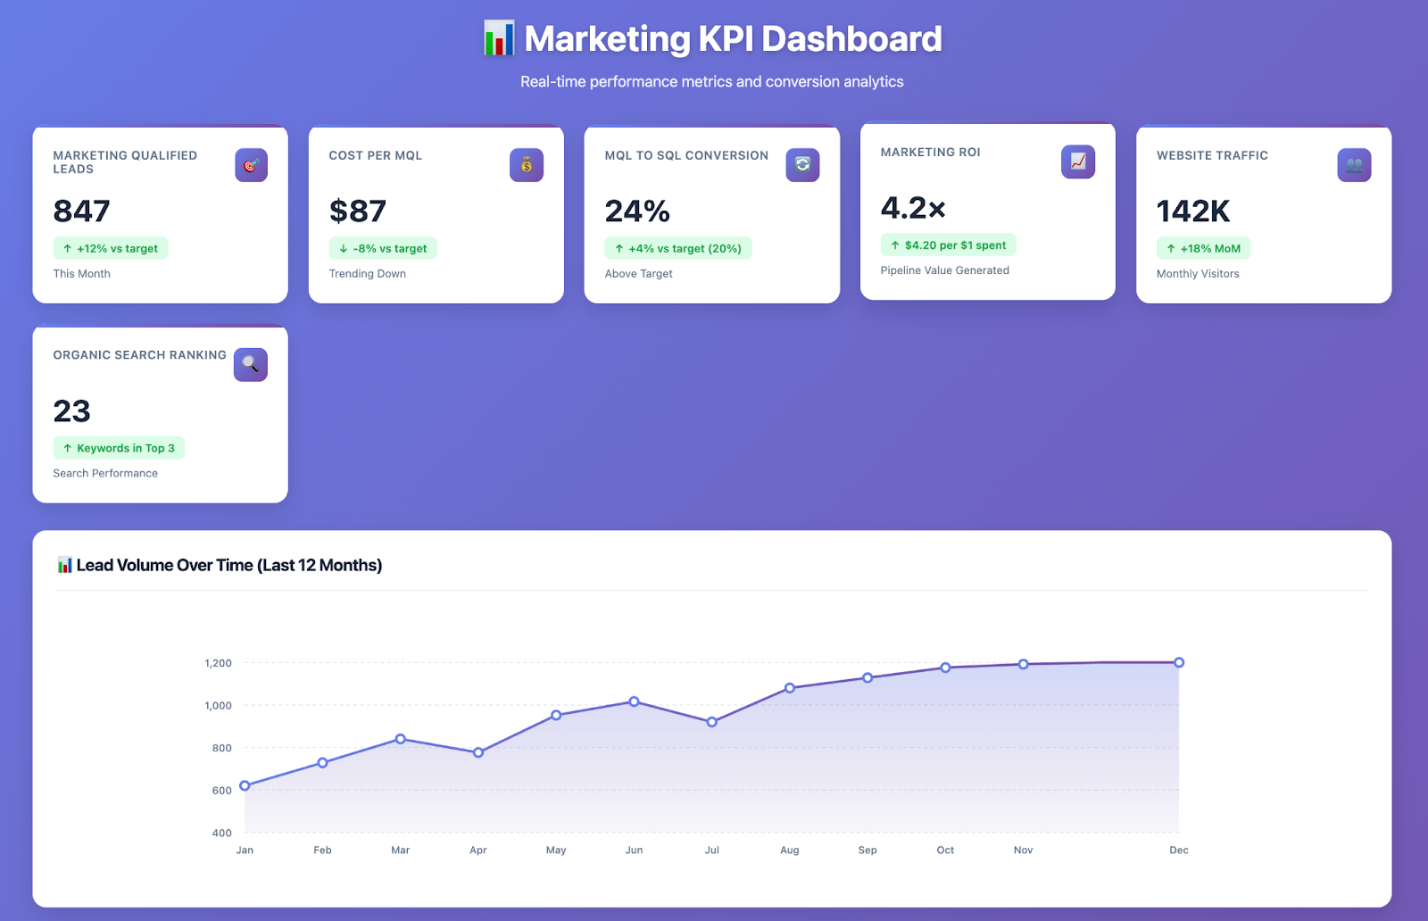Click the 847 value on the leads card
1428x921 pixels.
(81, 212)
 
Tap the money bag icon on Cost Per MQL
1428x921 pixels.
(527, 165)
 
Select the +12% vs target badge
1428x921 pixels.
(111, 248)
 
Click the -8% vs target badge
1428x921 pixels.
(383, 248)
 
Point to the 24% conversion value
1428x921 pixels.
(637, 212)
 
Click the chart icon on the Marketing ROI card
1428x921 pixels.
(1078, 162)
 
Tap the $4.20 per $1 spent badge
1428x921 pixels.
(948, 245)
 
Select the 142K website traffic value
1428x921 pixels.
(1192, 212)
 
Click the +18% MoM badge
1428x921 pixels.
(1203, 248)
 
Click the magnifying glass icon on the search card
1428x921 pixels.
(251, 364)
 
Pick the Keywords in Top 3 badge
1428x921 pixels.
(119, 448)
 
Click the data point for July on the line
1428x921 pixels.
(711, 722)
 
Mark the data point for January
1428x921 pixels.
(245, 785)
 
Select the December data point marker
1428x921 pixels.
(1179, 662)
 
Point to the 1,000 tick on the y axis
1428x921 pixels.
(218, 705)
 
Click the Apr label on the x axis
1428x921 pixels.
(478, 850)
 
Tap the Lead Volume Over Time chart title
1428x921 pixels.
(228, 565)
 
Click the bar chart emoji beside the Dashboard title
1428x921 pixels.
(499, 38)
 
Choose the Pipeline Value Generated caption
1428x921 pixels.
(944, 270)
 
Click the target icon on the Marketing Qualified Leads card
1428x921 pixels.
(251, 165)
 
